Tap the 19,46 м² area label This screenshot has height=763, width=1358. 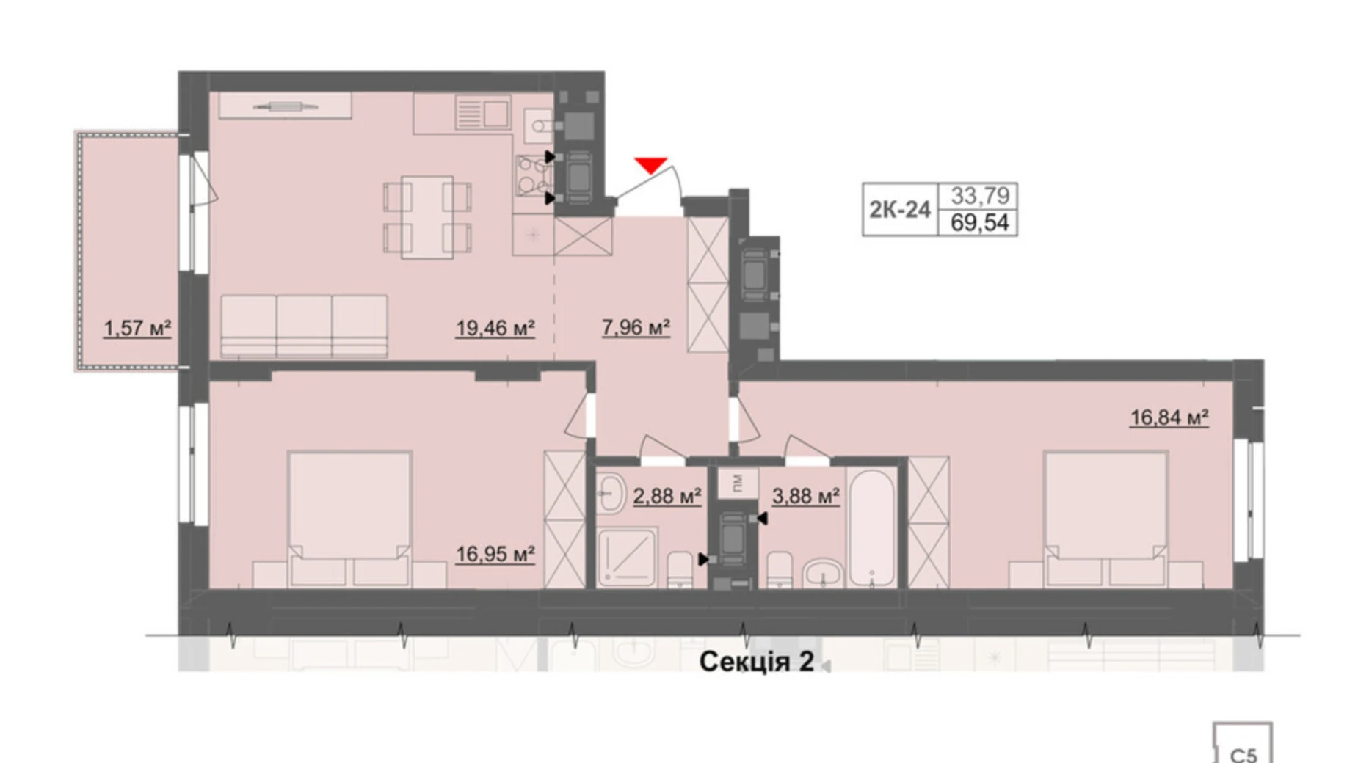[x=495, y=327]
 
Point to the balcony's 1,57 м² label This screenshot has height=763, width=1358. [x=137, y=327]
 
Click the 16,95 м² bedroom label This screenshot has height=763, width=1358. [x=495, y=554]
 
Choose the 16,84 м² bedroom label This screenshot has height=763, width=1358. [x=1169, y=417]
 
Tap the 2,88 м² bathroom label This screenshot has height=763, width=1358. [x=667, y=496]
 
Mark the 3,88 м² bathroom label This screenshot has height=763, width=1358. [x=805, y=496]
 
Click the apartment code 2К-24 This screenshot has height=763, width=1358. [x=900, y=210]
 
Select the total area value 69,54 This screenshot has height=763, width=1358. [x=979, y=222]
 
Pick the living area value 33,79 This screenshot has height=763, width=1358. [x=980, y=196]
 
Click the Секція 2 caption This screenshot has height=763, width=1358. [x=756, y=662]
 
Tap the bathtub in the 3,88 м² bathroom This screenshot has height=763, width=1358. [x=871, y=527]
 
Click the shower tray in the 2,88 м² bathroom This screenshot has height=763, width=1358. [x=627, y=558]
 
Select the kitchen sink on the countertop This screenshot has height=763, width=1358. [x=482, y=113]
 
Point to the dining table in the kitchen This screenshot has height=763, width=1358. [x=427, y=217]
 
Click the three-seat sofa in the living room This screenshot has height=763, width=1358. [x=304, y=326]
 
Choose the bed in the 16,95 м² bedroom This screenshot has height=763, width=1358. [x=349, y=519]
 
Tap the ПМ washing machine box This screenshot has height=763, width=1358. [x=738, y=483]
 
